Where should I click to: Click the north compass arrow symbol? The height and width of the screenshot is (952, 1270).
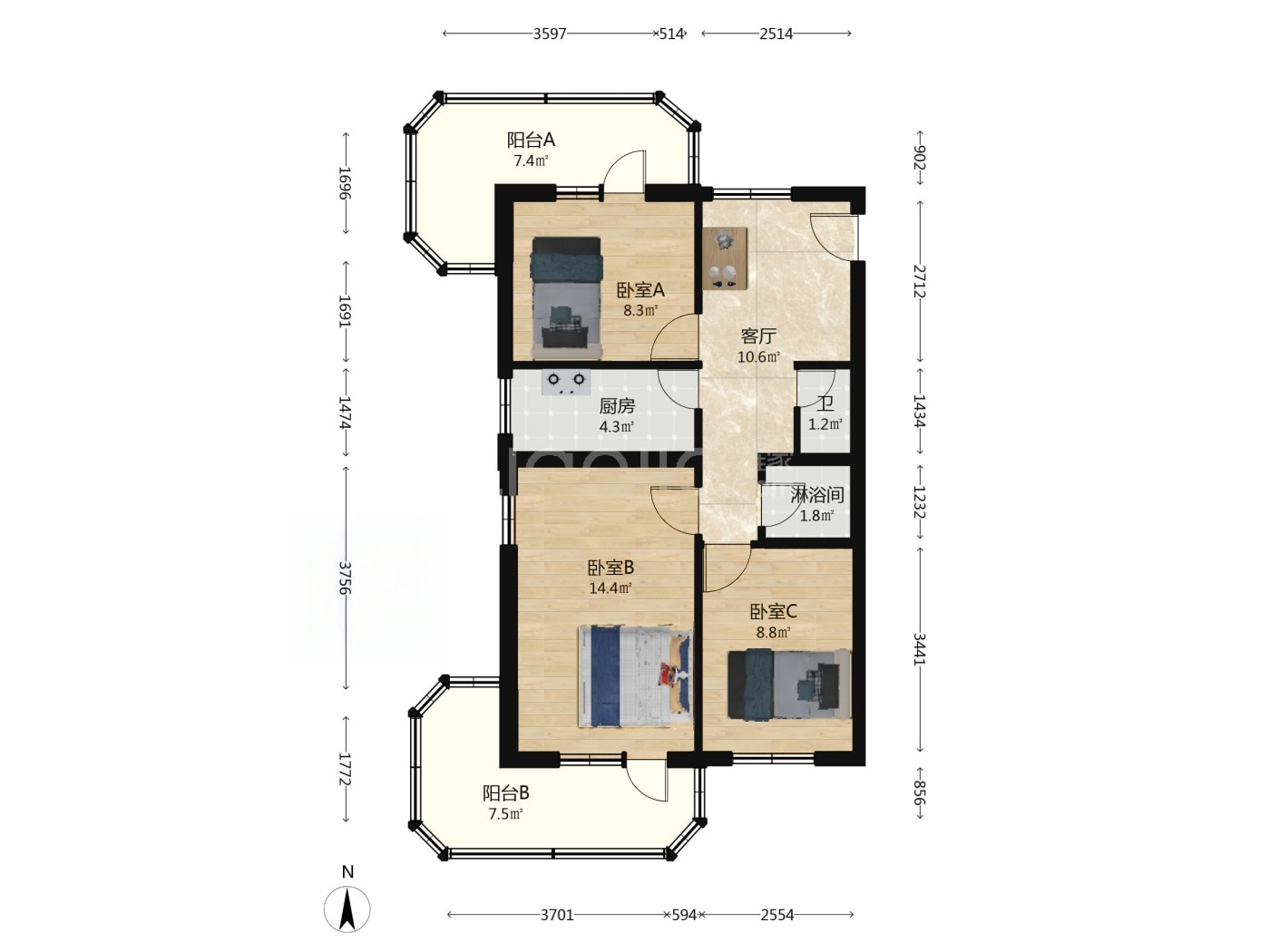point(347,908)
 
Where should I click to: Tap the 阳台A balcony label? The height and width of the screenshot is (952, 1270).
point(531,140)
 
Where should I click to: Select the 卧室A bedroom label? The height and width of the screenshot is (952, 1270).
point(640,289)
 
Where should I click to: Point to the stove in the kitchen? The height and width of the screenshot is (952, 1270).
point(566,382)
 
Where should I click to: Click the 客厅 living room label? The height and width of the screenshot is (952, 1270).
point(758,335)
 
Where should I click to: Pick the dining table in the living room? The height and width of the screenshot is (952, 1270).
point(725,257)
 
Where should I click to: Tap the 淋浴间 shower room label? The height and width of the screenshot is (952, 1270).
point(817,495)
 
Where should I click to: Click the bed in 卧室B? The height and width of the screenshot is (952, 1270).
point(635,676)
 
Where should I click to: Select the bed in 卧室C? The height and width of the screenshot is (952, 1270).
point(789,685)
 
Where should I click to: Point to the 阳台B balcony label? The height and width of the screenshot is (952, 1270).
point(505,793)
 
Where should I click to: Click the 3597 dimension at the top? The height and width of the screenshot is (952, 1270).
point(549,34)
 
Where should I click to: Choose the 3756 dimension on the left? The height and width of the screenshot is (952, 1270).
point(345,578)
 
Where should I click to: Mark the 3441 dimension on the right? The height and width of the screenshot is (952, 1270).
point(919,649)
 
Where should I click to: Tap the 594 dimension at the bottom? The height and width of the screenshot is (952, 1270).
point(684,915)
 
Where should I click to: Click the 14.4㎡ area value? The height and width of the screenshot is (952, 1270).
point(610,588)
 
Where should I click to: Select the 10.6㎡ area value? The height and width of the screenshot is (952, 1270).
point(758,356)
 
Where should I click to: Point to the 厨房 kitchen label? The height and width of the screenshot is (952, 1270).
point(617,406)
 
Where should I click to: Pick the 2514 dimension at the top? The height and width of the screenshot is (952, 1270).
point(776,34)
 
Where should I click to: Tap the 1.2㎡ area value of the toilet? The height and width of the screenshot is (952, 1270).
point(825,425)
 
